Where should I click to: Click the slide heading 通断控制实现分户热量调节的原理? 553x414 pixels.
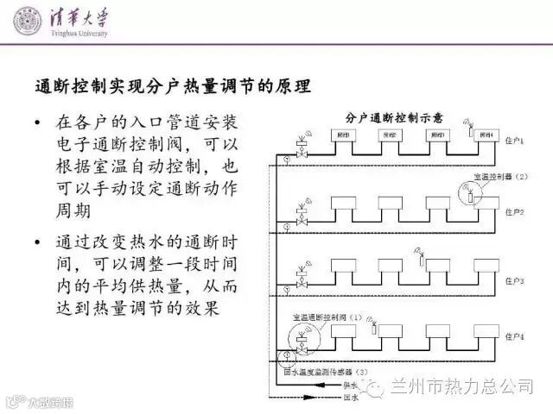click(x=172, y=87)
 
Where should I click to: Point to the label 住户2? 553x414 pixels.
click(x=515, y=212)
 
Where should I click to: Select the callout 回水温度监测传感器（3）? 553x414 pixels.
click(x=327, y=373)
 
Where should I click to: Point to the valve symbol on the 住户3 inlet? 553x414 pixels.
click(x=301, y=279)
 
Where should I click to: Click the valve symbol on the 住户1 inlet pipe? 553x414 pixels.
click(x=301, y=150)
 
